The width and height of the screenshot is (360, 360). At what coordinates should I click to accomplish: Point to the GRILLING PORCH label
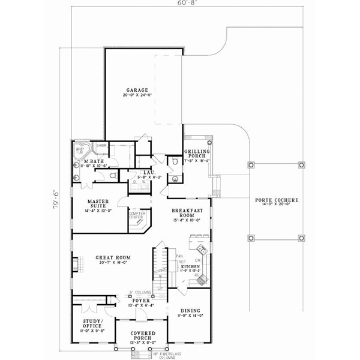coord(196,155)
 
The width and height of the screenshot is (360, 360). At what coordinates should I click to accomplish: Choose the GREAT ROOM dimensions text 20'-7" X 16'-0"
coord(113,263)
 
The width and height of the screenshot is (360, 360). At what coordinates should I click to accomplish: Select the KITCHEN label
coord(191,265)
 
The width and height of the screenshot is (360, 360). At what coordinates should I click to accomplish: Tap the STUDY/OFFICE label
coord(93,324)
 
